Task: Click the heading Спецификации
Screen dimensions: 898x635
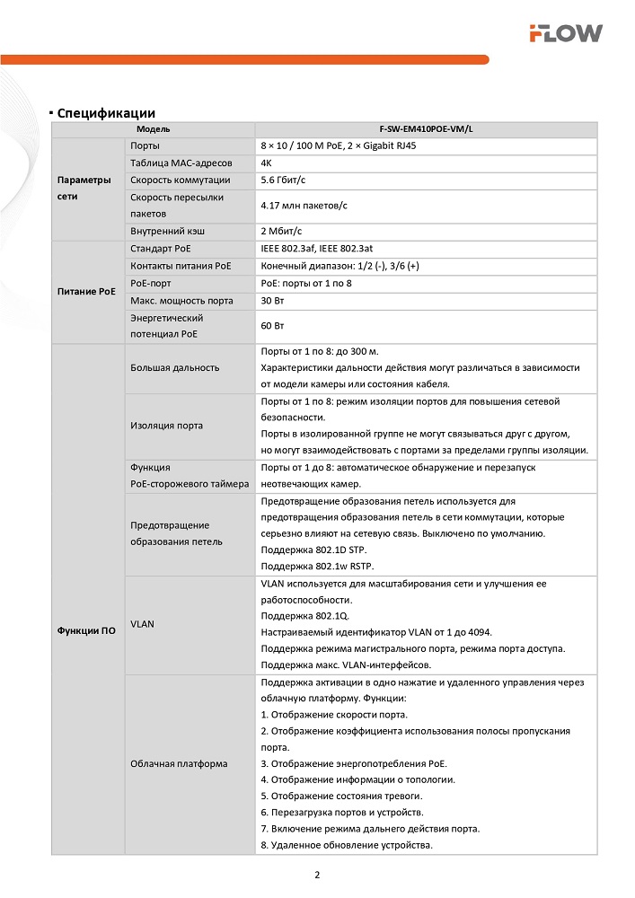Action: [x=106, y=113]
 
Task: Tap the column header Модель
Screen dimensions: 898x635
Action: [x=154, y=129]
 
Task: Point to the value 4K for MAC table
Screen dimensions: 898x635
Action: [x=267, y=163]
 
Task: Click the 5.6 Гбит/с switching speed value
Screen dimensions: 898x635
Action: [x=281, y=180]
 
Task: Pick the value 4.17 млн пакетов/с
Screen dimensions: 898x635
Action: [x=304, y=206]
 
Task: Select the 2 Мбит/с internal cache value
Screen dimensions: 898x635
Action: [x=279, y=231]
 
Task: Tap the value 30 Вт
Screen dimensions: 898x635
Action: [x=272, y=300]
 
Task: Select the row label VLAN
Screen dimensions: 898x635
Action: [x=141, y=622]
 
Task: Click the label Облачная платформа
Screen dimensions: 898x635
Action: [x=179, y=763]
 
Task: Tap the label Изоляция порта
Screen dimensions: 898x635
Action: [x=166, y=426]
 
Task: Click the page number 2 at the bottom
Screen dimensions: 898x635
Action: [x=317, y=875]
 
